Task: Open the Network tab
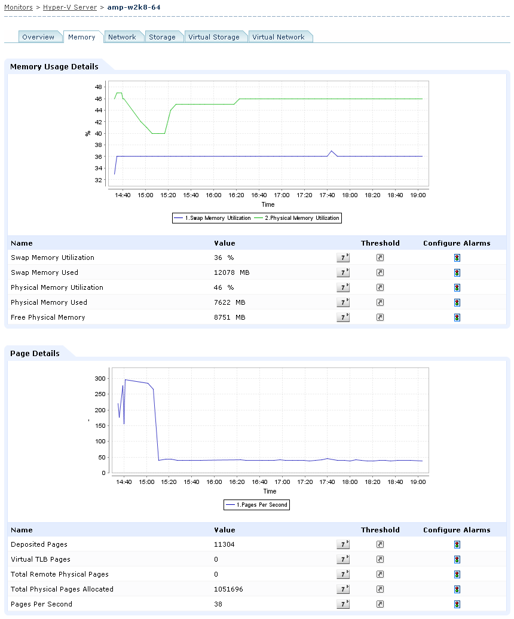[x=122, y=37]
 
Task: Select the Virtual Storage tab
[x=213, y=37]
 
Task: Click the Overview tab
[x=38, y=37]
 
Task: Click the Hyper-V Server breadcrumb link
[x=70, y=7]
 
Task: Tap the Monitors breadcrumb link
[x=19, y=7]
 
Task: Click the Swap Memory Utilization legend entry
[x=213, y=218]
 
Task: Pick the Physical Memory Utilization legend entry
[x=297, y=218]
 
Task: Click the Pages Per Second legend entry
[x=257, y=505]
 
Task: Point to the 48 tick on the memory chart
[x=98, y=87]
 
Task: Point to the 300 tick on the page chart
[x=100, y=379]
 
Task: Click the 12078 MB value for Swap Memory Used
[x=230, y=272]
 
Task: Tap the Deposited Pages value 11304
[x=224, y=544]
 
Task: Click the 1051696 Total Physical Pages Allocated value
[x=229, y=589]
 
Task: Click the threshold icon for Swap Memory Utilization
[x=380, y=258]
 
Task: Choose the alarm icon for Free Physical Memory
[x=457, y=317]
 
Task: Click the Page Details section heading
[x=35, y=353]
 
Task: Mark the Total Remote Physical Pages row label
[x=60, y=574]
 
